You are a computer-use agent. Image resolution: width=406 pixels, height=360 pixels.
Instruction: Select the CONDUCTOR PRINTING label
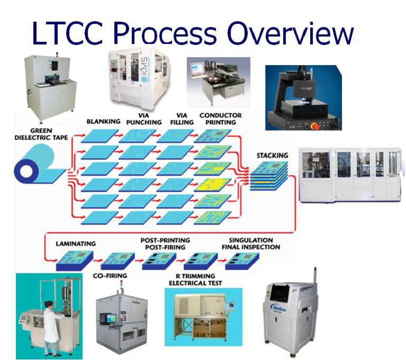point(220,118)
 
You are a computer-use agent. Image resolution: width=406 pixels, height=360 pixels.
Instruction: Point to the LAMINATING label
point(76,244)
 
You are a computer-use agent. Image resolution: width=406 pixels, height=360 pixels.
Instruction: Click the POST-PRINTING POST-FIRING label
point(165,243)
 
